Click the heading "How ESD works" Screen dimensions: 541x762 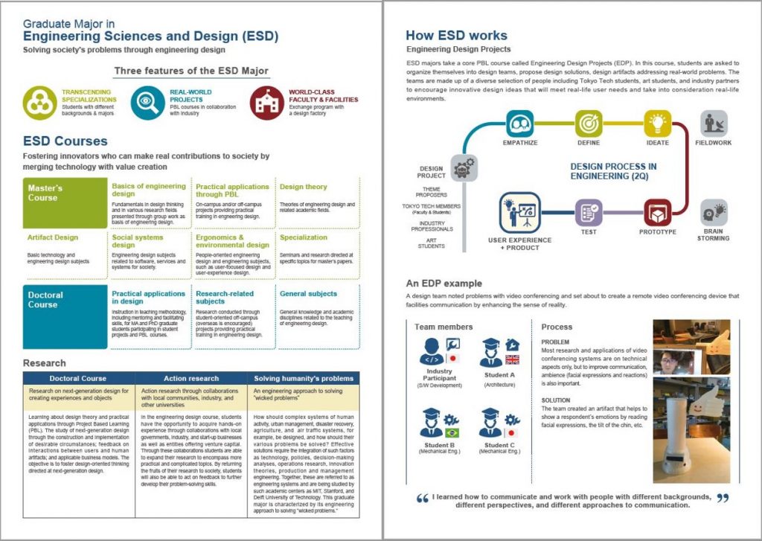coord(456,35)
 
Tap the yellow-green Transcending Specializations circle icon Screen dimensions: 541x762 coord(39,103)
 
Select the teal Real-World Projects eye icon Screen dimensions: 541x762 coord(147,103)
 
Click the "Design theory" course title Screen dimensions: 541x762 coord(303,187)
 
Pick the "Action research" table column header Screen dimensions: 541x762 coord(190,378)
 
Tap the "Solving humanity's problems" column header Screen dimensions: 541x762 coord(303,378)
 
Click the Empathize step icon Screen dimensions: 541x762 coord(520,123)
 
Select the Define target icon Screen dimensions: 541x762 coord(588,123)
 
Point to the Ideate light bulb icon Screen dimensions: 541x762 coord(657,123)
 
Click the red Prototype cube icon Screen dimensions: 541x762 coord(657,212)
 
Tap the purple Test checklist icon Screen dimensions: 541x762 coord(588,212)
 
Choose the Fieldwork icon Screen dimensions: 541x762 coord(713,124)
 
